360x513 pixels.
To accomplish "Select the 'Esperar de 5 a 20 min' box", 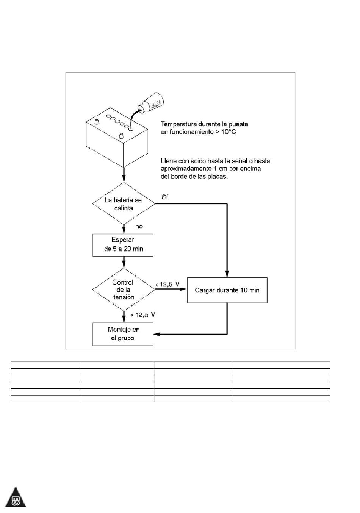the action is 123,245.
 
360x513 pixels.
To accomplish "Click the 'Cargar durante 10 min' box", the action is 227,290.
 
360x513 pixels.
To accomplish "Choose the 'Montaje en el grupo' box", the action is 123,334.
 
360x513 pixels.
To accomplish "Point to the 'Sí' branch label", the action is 165,197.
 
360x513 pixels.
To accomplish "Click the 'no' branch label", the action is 139,227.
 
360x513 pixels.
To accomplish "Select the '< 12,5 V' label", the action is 167,285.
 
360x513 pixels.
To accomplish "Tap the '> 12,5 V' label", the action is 142,315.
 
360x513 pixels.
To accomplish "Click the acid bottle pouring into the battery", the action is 152,103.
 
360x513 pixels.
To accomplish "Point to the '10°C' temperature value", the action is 229,132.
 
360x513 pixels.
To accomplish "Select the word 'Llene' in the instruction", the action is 168,161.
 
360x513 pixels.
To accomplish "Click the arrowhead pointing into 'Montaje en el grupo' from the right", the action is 156,334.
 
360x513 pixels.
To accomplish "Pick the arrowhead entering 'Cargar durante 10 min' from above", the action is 227,274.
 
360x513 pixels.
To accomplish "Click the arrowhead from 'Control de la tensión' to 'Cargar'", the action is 183,289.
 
